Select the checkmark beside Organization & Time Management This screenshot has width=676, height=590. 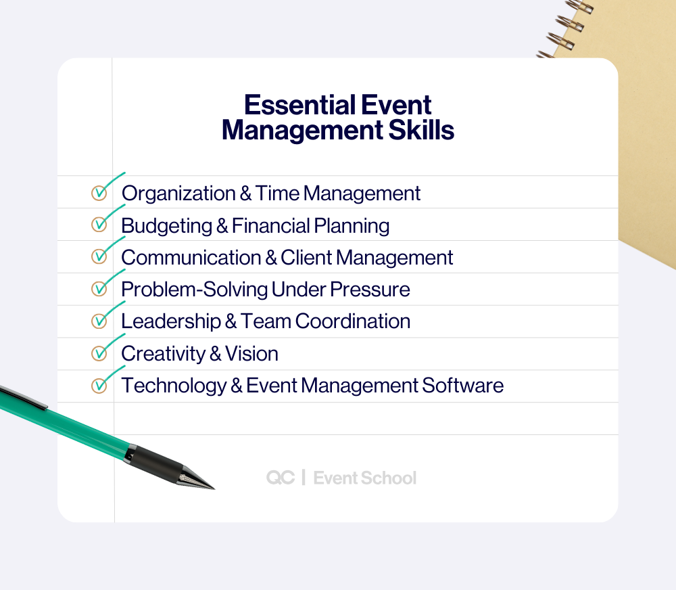[99, 193]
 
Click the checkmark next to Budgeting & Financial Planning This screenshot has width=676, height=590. [99, 224]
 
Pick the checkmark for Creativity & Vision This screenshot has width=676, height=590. [99, 353]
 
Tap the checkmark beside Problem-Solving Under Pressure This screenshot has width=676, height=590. [99, 289]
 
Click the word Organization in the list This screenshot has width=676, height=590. [178, 194]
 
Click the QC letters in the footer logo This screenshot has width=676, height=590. [280, 478]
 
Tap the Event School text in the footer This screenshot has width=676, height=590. [365, 478]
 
